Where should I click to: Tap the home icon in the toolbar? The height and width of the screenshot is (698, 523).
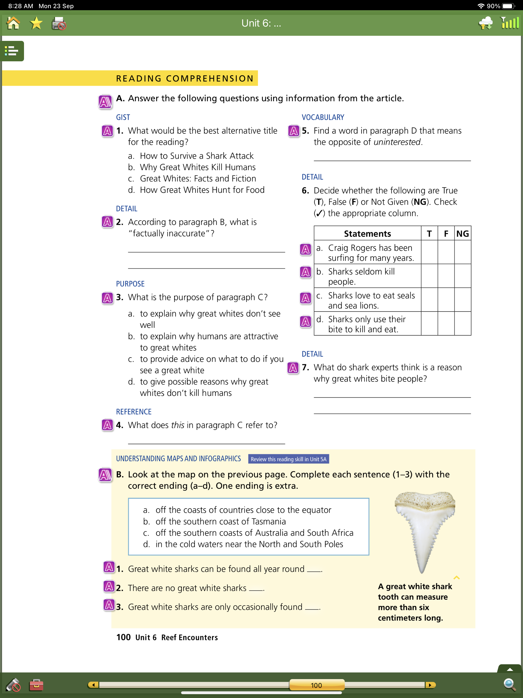click(13, 23)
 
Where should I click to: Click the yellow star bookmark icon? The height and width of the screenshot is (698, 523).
click(36, 23)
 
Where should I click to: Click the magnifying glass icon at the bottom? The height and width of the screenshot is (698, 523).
click(509, 684)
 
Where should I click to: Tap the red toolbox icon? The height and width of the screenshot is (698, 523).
click(36, 685)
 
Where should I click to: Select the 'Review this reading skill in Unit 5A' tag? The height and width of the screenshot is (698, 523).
click(288, 459)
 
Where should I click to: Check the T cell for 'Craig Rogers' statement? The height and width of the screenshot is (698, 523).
click(429, 252)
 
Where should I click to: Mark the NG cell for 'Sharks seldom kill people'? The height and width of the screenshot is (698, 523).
click(462, 276)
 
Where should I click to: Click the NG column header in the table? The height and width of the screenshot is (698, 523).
click(462, 234)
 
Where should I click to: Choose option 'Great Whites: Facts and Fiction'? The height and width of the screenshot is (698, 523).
click(198, 179)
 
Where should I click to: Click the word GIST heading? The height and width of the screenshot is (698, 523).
click(123, 117)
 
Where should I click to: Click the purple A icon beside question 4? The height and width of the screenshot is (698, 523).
click(107, 425)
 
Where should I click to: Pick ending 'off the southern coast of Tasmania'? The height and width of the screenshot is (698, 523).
click(220, 521)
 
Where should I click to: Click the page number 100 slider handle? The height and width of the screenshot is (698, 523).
click(316, 685)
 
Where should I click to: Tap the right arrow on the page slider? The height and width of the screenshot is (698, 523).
click(430, 685)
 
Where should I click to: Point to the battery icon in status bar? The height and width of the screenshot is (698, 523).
click(508, 6)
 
